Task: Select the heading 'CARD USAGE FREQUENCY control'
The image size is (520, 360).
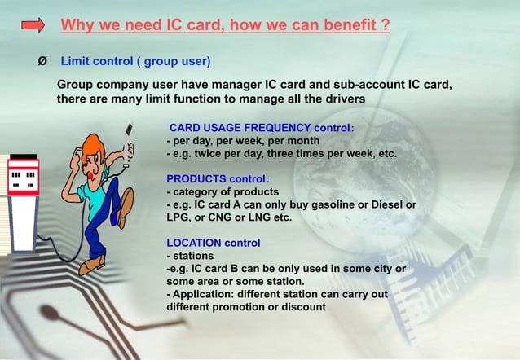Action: (261, 127)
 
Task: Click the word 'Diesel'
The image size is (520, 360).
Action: (387, 204)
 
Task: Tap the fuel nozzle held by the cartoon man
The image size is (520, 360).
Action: (126, 143)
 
